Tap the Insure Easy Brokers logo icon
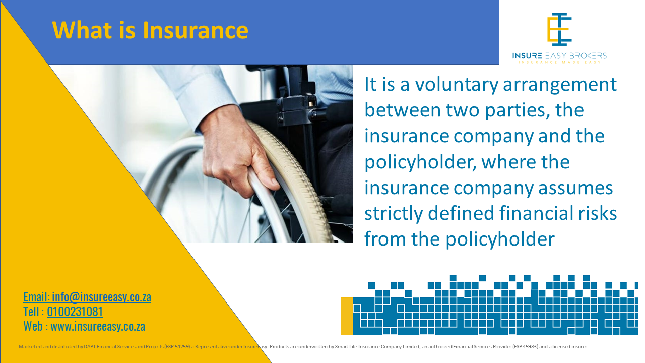pos(559,29)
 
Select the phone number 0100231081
pos(75,312)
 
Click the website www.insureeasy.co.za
pos(98,326)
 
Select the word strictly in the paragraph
pos(394,213)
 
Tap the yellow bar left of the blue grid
pos(347,316)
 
